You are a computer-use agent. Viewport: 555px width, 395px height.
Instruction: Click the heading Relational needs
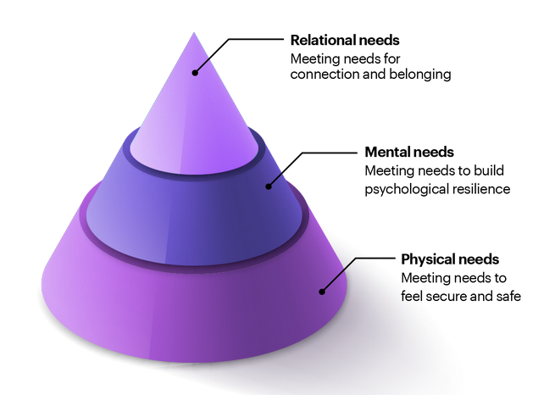[x=345, y=39]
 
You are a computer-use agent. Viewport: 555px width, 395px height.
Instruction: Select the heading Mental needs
[x=410, y=153]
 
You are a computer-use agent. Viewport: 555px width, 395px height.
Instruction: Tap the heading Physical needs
[x=449, y=259]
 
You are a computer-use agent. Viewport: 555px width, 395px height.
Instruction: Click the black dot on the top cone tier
[x=195, y=73]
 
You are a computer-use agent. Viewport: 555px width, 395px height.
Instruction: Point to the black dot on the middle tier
[x=269, y=186]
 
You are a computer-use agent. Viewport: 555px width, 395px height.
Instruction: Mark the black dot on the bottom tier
[x=322, y=292]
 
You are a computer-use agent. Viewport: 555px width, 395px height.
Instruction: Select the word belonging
[x=418, y=75]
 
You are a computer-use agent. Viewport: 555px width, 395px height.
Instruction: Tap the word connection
[x=325, y=75]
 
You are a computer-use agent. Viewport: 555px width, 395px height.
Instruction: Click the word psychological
[x=404, y=189]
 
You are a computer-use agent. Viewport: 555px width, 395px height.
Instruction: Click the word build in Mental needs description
[x=492, y=171]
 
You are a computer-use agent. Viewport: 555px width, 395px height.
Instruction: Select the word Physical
[x=427, y=259]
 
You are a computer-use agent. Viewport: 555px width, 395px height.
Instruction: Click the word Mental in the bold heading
[x=385, y=153]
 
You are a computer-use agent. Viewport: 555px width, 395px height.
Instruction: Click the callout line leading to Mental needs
[x=326, y=153]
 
